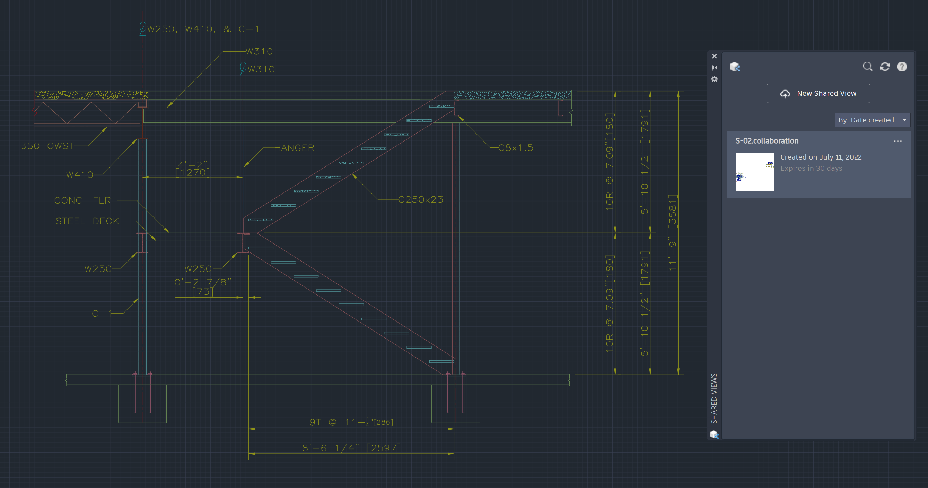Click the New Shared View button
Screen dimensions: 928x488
tap(818, 93)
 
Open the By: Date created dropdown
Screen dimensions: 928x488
tap(872, 120)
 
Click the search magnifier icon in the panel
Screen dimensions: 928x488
tap(867, 67)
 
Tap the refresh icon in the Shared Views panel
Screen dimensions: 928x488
tap(885, 67)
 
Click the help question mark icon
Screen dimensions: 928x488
tap(902, 67)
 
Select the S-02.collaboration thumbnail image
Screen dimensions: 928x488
tap(755, 172)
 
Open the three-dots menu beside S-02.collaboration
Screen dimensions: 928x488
tap(898, 141)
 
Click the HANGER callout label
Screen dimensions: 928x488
tap(294, 148)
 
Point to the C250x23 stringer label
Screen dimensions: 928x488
tap(420, 199)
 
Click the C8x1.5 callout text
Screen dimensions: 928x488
tap(516, 147)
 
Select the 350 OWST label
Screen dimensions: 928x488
tap(47, 146)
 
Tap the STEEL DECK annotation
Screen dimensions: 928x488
tap(87, 221)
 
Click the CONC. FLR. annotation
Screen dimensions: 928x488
tap(84, 200)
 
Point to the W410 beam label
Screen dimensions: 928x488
tap(80, 175)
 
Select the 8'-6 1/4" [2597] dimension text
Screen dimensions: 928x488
tap(351, 448)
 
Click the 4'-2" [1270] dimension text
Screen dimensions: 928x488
tap(193, 169)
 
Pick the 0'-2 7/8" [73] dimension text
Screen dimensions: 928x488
tap(203, 287)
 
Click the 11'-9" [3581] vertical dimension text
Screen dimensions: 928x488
tap(673, 233)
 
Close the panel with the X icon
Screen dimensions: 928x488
tap(715, 56)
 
